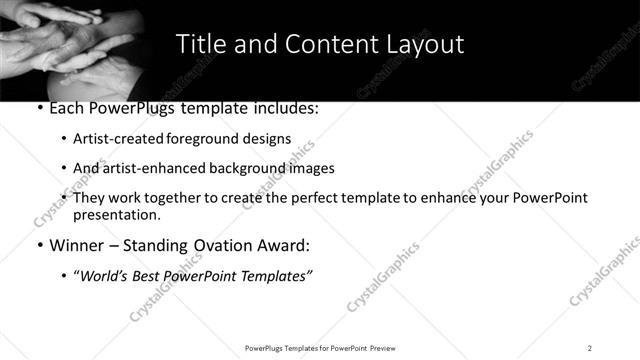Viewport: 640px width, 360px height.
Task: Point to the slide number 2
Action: click(590, 347)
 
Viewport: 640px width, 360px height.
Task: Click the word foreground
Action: click(203, 139)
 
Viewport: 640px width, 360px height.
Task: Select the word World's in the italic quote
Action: click(110, 274)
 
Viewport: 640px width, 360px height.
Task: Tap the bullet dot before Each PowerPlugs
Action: click(39, 109)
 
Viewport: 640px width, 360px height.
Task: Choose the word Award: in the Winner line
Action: click(285, 245)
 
